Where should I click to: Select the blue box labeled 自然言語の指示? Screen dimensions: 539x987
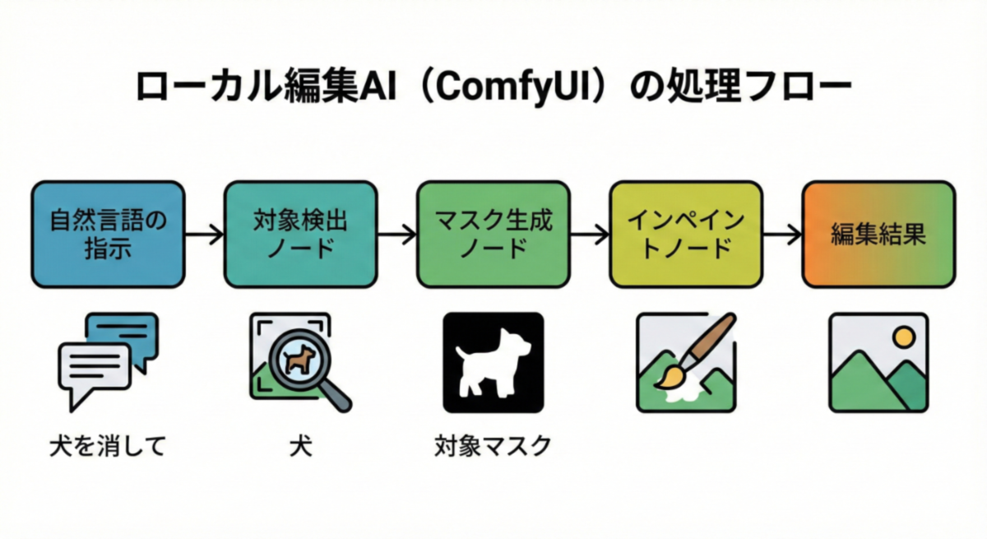108,235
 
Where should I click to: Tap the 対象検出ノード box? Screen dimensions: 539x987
301,235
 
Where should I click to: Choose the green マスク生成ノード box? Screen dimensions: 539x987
493,235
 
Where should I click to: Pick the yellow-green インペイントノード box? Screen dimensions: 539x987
686,235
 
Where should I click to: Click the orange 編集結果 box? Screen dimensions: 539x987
878,235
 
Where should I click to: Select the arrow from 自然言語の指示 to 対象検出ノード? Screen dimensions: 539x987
204,235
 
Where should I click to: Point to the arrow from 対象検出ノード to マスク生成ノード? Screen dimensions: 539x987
397,235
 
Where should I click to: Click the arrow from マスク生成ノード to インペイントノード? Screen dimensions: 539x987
590,235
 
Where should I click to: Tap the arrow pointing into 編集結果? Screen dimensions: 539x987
782,235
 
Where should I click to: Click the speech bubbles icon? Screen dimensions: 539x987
108,359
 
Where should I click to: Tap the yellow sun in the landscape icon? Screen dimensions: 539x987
903,337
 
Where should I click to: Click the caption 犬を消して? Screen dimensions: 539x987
108,447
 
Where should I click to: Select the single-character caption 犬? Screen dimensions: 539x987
299,447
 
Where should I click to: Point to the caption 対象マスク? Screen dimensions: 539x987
493,447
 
